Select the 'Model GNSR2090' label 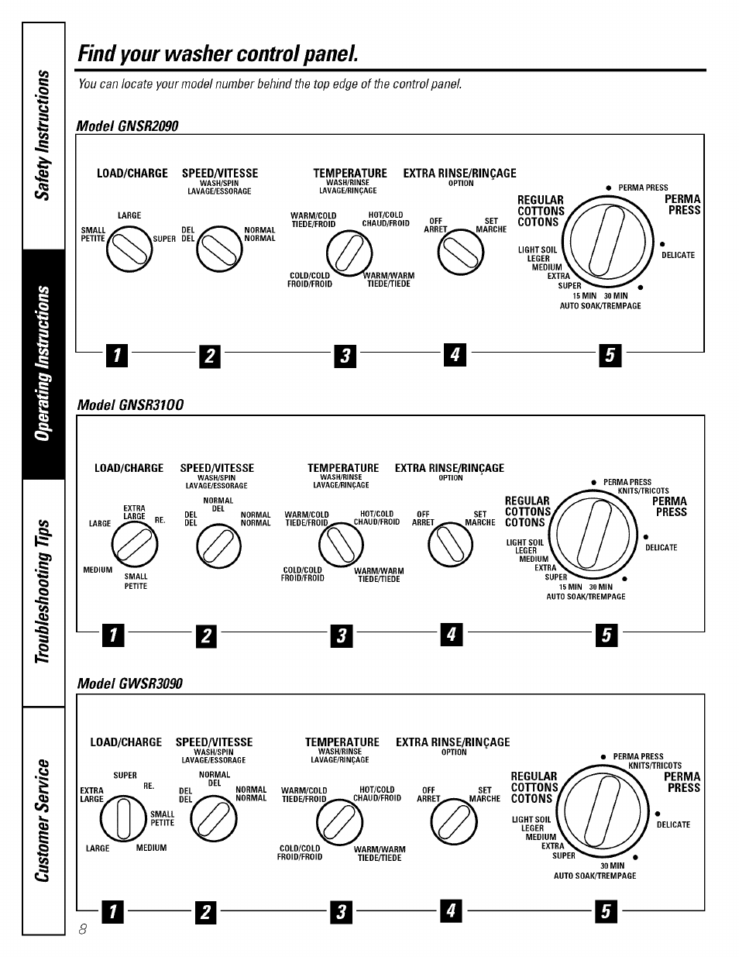(x=127, y=126)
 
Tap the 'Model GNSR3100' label (x=129, y=405)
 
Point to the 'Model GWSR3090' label (x=129, y=683)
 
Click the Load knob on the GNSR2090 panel (x=129, y=249)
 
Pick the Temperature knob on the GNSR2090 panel (x=349, y=253)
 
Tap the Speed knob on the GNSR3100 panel (x=218, y=547)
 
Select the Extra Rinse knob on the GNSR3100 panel (x=450, y=546)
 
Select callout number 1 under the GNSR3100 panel (x=113, y=636)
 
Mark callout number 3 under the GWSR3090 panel (x=341, y=912)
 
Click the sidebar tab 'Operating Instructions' (x=43, y=364)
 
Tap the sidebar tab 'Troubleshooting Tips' (x=43, y=592)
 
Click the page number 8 (x=82, y=930)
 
